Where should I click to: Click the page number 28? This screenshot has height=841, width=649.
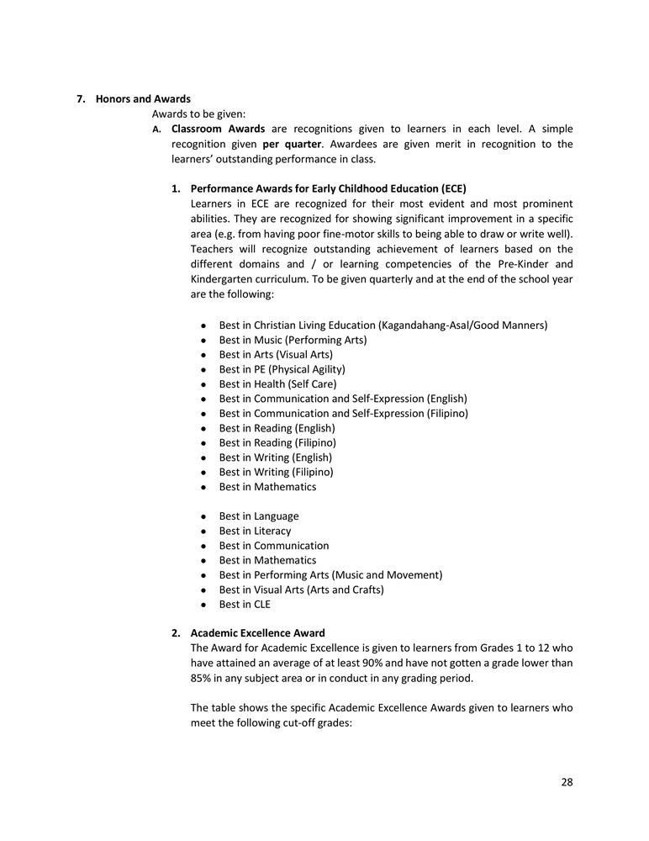[x=567, y=782]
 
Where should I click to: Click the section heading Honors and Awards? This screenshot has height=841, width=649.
[x=143, y=99]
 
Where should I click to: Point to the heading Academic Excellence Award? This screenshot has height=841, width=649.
[x=257, y=632]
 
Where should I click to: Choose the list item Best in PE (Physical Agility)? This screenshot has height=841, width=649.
[x=282, y=369]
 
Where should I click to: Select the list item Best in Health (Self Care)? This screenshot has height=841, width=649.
[x=277, y=383]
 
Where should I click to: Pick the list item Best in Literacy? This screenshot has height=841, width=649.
[x=255, y=531]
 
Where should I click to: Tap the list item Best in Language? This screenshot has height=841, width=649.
[x=258, y=516]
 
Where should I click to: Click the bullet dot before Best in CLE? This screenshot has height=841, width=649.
[x=204, y=605]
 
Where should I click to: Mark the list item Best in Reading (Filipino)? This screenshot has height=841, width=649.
[x=277, y=442]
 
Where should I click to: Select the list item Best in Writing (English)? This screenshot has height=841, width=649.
[x=275, y=458]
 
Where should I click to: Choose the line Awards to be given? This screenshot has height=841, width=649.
[x=198, y=114]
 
